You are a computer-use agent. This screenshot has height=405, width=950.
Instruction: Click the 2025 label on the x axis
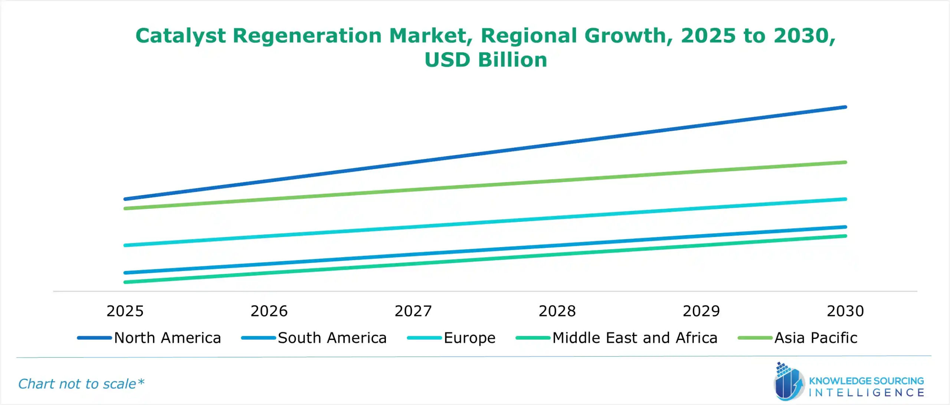pyautogui.click(x=125, y=311)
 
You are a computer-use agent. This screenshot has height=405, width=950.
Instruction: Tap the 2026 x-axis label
pyautogui.click(x=269, y=311)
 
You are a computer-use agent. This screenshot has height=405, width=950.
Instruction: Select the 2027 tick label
pyautogui.click(x=413, y=311)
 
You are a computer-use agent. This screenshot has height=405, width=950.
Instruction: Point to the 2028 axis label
pyautogui.click(x=557, y=311)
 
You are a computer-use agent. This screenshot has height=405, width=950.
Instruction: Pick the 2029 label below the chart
pyautogui.click(x=701, y=311)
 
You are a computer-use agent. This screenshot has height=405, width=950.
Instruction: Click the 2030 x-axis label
pyautogui.click(x=845, y=311)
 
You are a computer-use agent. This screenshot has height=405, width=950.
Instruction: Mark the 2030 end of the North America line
pyautogui.click(x=845, y=107)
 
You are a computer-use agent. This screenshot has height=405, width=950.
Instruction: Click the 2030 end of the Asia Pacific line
pyautogui.click(x=845, y=162)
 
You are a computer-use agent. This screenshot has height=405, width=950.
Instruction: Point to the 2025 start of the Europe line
pyautogui.click(x=125, y=245)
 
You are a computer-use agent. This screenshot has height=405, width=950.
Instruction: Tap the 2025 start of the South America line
pyautogui.click(x=125, y=273)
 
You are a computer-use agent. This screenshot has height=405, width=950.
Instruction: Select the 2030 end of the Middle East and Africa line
pyautogui.click(x=845, y=236)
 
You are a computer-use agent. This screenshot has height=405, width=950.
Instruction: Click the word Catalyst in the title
pyautogui.click(x=180, y=36)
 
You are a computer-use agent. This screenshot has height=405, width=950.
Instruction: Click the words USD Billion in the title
pyautogui.click(x=485, y=60)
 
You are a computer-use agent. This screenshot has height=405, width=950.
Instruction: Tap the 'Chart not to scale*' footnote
pyautogui.click(x=81, y=383)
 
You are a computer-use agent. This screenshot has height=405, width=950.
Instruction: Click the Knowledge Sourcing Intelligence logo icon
pyautogui.click(x=789, y=382)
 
